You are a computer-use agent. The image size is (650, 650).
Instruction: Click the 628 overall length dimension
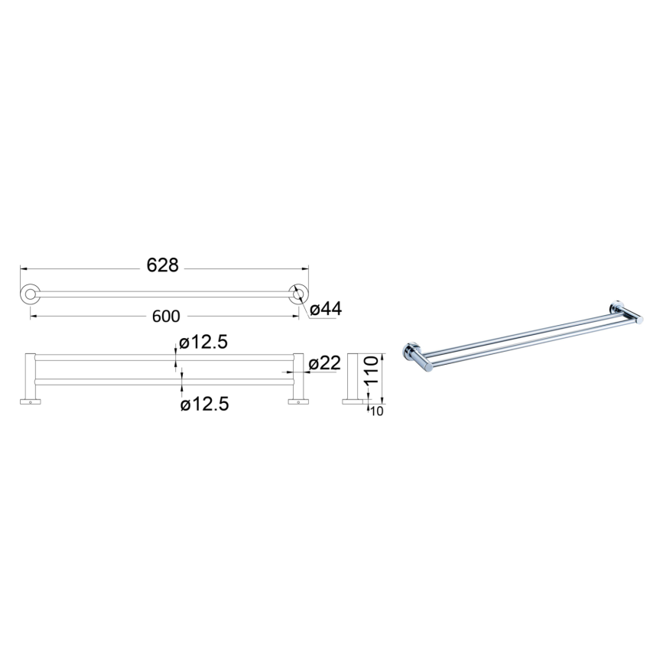(x=162, y=265)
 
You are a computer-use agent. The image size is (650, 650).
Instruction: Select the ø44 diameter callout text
(x=327, y=309)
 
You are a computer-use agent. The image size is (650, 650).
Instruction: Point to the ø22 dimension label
(x=325, y=363)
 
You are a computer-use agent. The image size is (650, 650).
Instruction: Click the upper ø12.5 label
(x=204, y=343)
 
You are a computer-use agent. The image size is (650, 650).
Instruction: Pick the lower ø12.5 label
(x=204, y=403)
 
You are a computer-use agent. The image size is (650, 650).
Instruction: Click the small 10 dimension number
(x=376, y=411)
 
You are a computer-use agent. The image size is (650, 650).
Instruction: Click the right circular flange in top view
(x=297, y=294)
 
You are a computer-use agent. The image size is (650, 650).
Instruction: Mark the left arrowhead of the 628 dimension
(x=22, y=268)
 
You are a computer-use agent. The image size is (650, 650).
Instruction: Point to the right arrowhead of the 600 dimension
(x=295, y=316)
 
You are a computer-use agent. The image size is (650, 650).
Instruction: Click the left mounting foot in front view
(x=30, y=401)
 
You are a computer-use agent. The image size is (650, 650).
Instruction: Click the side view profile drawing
(x=354, y=379)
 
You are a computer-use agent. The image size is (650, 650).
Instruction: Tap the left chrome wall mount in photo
(x=410, y=353)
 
